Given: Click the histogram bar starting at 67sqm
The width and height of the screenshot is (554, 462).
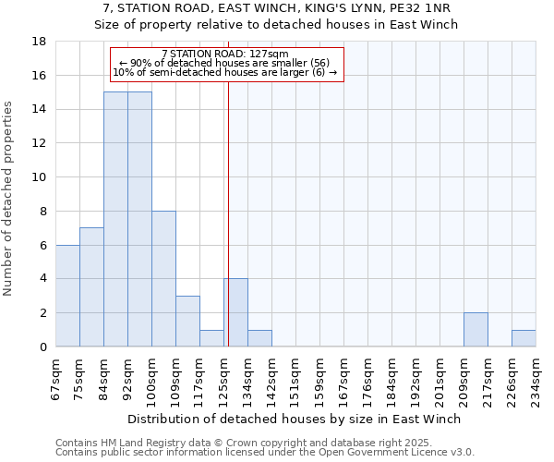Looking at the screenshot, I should (x=67, y=296).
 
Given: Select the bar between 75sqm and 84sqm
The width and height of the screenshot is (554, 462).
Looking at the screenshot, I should (x=91, y=287).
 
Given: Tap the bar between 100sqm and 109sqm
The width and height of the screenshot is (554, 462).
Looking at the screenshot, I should (x=163, y=279).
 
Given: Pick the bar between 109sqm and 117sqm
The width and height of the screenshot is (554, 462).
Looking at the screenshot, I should (x=187, y=322).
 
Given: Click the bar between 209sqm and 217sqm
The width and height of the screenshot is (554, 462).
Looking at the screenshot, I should (x=476, y=330).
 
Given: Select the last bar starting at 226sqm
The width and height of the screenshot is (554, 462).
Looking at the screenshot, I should (x=524, y=338).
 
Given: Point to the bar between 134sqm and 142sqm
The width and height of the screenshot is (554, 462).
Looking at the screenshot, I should (x=259, y=338).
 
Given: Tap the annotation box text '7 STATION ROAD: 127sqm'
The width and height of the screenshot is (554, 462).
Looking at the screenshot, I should (x=225, y=54).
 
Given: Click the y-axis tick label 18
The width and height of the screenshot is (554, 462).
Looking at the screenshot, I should (x=40, y=42).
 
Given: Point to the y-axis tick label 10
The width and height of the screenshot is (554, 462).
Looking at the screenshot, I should (x=40, y=177).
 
